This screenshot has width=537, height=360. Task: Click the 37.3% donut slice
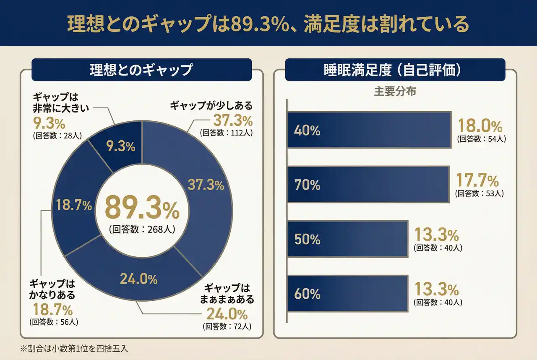click(206, 185)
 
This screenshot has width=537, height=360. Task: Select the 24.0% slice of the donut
click(138, 279)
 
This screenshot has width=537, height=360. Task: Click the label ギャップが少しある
click(211, 105)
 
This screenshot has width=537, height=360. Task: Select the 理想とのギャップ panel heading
click(141, 70)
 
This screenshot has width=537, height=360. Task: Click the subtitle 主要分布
click(395, 91)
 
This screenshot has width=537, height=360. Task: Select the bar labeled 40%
click(369, 130)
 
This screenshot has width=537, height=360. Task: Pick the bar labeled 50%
click(347, 239)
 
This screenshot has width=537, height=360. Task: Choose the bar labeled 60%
click(347, 294)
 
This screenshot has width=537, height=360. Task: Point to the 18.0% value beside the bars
click(480, 126)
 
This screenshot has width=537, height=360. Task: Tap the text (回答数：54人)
click(481, 139)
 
